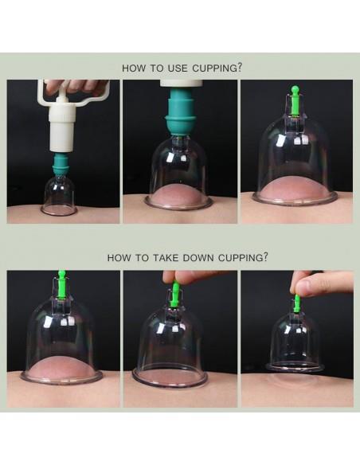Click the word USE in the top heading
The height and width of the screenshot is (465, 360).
178,68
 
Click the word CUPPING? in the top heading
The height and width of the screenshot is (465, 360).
217,68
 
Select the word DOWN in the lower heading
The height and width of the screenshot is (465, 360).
198,257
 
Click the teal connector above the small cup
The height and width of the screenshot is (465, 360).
61,165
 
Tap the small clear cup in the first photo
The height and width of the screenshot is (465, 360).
59,196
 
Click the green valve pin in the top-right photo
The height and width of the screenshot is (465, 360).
295,100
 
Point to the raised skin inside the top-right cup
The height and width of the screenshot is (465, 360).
294,189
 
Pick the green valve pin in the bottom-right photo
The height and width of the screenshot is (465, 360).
296,303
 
